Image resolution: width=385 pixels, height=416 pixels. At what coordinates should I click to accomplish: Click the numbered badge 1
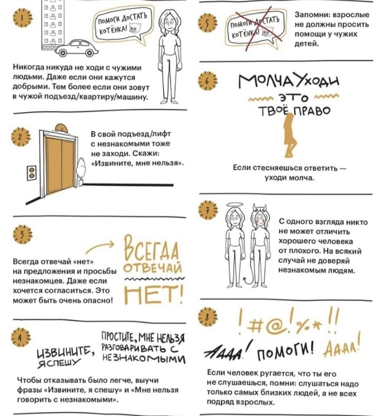pyautogui.click(x=22, y=18)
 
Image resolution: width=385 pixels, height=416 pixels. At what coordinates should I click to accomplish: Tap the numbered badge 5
pyautogui.click(x=207, y=23)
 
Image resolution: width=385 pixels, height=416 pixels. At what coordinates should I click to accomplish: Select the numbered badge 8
pyautogui.click(x=208, y=316)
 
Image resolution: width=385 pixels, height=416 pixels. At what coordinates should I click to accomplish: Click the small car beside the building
pyautogui.click(x=77, y=48)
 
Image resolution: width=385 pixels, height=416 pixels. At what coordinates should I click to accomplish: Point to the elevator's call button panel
pyautogui.click(x=32, y=173)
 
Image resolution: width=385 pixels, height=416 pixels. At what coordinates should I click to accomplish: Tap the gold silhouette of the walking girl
pyautogui.click(x=290, y=136)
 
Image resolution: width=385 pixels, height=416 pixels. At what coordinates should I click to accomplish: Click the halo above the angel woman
pyautogui.click(x=235, y=205)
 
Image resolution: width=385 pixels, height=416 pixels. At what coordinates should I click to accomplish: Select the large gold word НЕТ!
pyautogui.click(x=154, y=294)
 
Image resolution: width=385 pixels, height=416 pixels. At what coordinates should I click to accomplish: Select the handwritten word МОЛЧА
pyautogui.click(x=260, y=81)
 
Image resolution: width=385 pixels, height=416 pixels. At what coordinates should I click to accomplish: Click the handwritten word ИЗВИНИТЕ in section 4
pyautogui.click(x=65, y=351)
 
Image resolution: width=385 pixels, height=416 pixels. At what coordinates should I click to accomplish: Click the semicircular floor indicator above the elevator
pyautogui.click(x=61, y=127)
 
